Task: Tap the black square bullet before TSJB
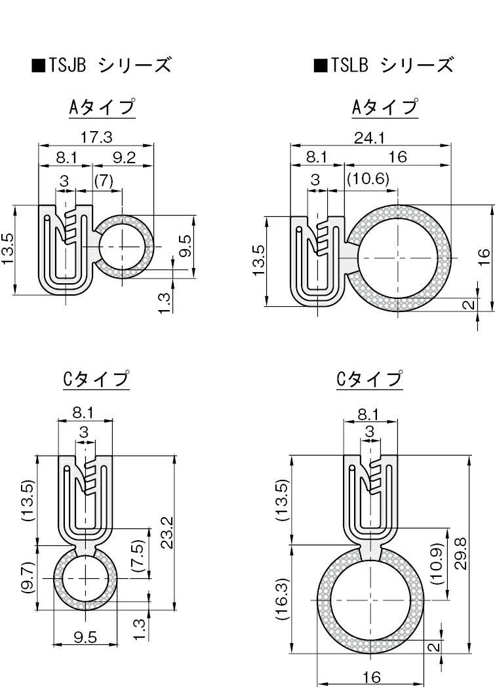tap(38, 66)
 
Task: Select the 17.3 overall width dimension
tap(96, 137)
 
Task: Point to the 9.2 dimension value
tap(124, 157)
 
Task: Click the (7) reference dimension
tap(104, 180)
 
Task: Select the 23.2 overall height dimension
tap(166, 531)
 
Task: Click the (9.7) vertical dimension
tap(27, 576)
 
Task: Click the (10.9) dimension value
tap(438, 563)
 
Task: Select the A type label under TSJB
tap(102, 107)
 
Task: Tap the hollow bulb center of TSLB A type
tap(399, 255)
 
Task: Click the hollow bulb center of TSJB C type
tap(85, 579)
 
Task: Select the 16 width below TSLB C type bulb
tap(372, 677)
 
